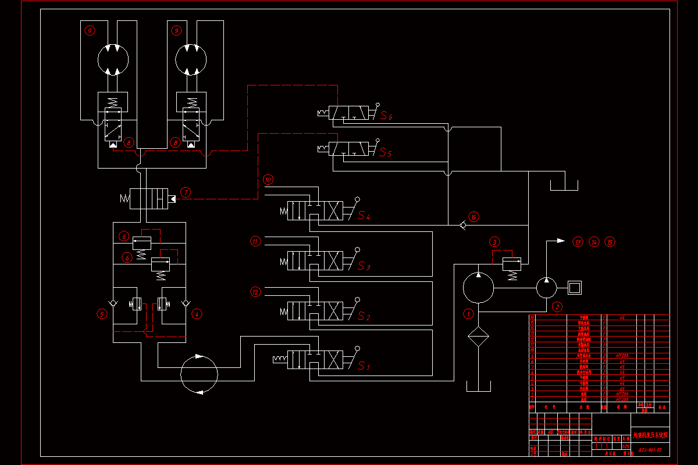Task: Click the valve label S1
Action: coord(364,366)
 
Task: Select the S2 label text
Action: coord(364,317)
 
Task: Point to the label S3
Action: coord(364,267)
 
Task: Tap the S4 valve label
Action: coord(364,216)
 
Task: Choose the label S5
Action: coord(386,153)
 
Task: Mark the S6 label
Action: coord(386,116)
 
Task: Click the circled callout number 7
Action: coord(186,192)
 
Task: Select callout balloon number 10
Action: coord(268,180)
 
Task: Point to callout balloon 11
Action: coord(255,241)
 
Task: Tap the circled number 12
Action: coord(255,291)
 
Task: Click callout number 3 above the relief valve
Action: coord(495,241)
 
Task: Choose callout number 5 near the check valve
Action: coord(102,314)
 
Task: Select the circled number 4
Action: coord(197,314)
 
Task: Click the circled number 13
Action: coord(577,241)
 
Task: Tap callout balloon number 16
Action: coord(474,217)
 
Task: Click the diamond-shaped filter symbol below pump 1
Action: coord(478,337)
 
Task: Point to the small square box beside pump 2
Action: coord(575,287)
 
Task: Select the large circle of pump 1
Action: coord(478,287)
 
